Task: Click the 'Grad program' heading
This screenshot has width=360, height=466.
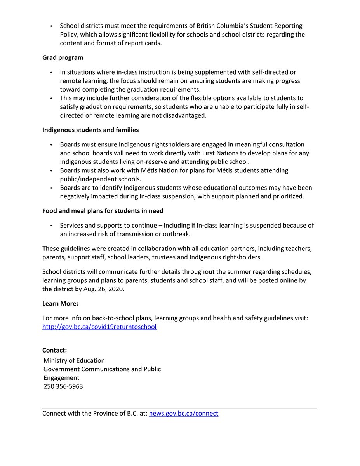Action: [x=63, y=58]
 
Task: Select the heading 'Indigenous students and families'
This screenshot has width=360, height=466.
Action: [x=90, y=130]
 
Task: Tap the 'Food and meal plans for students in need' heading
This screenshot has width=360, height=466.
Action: [x=103, y=211]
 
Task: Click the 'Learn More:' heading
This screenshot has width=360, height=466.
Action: [x=60, y=304]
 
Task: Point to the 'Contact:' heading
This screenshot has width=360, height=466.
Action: [x=54, y=350]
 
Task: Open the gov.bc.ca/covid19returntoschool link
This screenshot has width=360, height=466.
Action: [x=99, y=327]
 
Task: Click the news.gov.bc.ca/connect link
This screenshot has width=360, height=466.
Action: [x=184, y=414]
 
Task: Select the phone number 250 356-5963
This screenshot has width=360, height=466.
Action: [x=63, y=386]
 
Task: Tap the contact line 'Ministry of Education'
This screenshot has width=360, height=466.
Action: [x=74, y=360]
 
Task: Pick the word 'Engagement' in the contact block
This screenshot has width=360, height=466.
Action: [x=61, y=378]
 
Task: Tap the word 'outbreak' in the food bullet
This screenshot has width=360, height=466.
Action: [x=177, y=234]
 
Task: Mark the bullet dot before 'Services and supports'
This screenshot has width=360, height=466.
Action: [x=51, y=226]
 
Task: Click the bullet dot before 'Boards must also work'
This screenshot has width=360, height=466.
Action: [x=51, y=170]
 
